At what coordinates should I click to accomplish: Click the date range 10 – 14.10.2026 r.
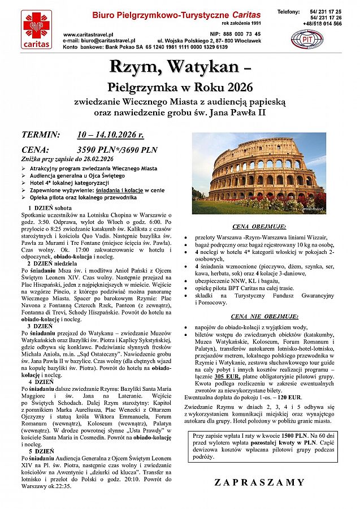pyautogui.click(x=111, y=135)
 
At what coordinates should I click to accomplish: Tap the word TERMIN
pyautogui.click(x=40, y=135)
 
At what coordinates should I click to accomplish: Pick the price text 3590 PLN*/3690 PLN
pyautogui.click(x=117, y=150)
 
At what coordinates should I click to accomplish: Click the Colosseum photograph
pyautogui.click(x=259, y=172)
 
